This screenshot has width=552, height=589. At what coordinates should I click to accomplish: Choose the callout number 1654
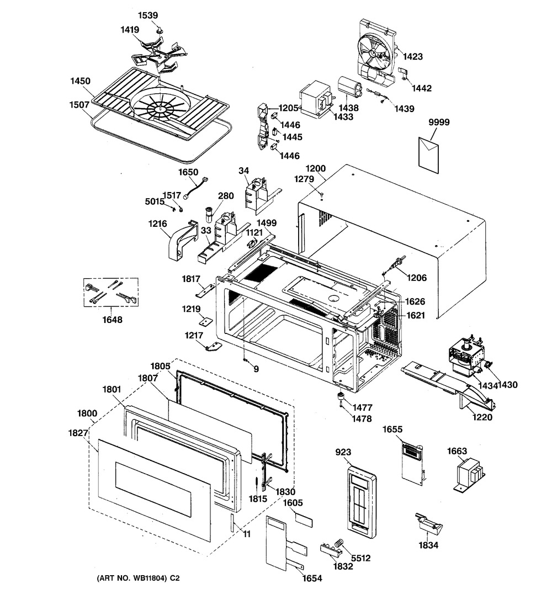(x=312, y=578)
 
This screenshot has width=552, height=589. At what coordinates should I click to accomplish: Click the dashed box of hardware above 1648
(x=110, y=292)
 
